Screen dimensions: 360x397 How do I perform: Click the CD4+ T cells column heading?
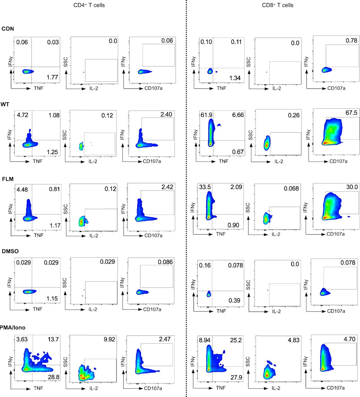coord(89,5)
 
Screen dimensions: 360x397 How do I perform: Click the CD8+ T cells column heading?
coord(277,5)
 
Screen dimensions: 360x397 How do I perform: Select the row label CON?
coord(7,28)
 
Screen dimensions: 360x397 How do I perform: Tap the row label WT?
coord(5,104)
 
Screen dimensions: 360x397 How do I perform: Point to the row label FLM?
coord(7,179)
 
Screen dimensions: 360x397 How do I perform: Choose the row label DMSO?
coord(10,251)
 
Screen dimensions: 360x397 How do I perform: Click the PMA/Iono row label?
coord(13,327)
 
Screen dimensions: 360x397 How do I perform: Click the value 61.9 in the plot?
coord(207,115)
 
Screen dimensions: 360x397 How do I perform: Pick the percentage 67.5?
coord(351,113)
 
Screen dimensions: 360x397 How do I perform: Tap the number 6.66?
coord(238,115)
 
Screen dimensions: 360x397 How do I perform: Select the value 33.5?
coord(205,187)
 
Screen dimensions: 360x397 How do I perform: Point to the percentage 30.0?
coord(352,187)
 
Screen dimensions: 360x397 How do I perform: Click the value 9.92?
coord(109,339)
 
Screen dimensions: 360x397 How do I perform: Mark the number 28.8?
coord(54,377)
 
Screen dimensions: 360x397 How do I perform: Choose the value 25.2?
coord(236,340)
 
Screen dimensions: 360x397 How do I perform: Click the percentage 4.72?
coord(22,115)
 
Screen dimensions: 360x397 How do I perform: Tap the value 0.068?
coord(291,188)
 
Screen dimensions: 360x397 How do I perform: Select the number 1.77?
coord(52,77)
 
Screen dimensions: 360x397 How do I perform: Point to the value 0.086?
coord(165,262)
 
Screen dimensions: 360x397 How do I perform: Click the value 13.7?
coord(53,339)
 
